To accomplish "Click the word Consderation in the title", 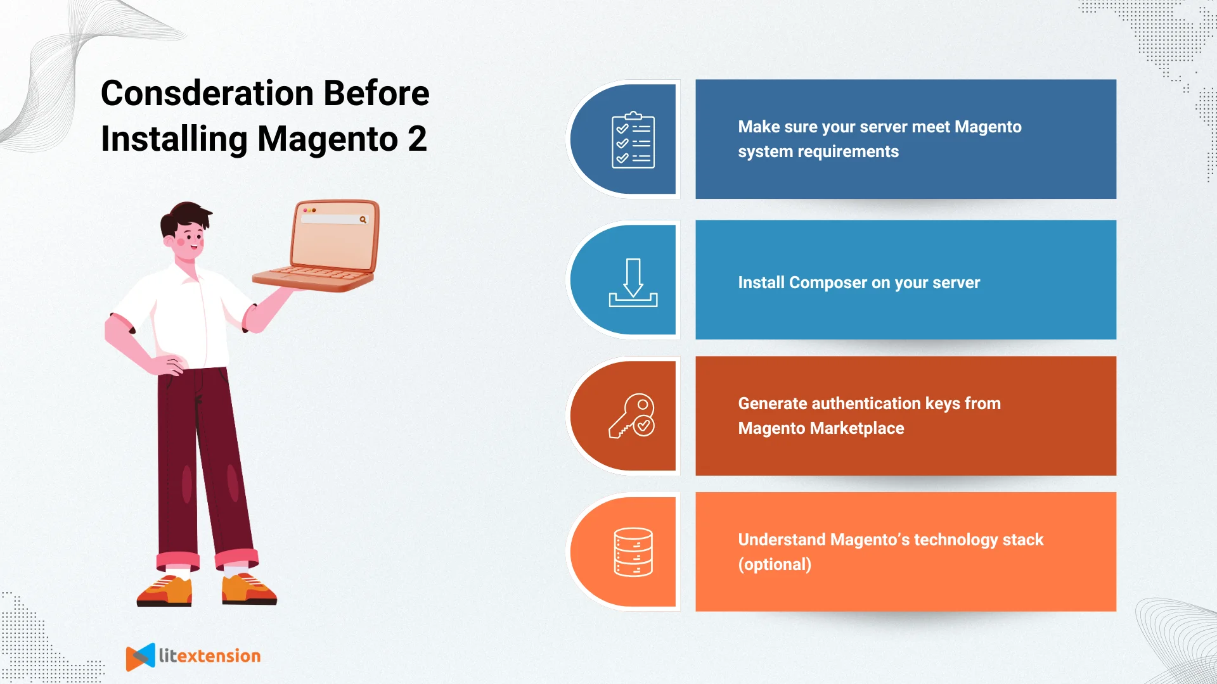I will point(207,94).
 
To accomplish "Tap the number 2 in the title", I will point(417,139).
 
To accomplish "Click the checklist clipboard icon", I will point(633,140).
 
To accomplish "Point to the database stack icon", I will point(633,552).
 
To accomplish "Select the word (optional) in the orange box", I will point(775,564).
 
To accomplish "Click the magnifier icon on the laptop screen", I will point(363,220).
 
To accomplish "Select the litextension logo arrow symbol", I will point(140,657).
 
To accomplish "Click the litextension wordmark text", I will point(209,656).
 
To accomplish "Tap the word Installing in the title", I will point(174,139).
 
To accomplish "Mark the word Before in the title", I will point(377,94).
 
